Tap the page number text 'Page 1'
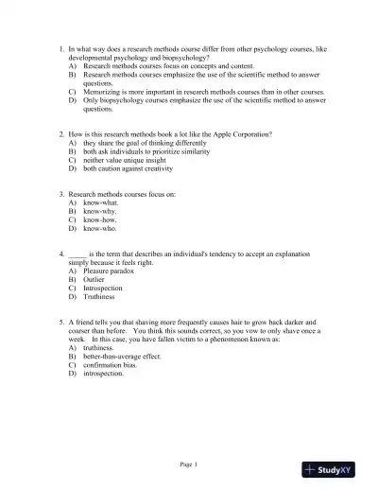pos(189,463)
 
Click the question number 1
pos(61,47)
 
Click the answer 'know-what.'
pos(101,203)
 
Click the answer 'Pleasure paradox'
pos(109,271)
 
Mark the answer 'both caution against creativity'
pos(128,169)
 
